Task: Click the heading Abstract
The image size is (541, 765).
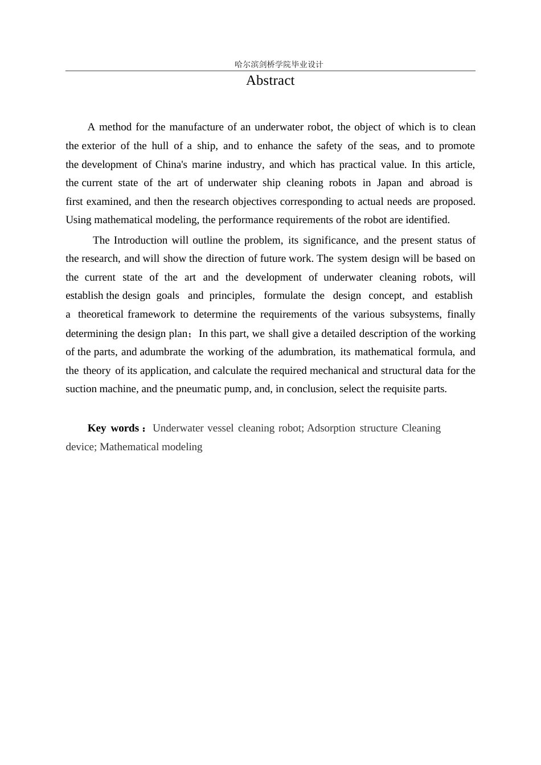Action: [x=270, y=81]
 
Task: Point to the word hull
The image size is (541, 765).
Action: [x=160, y=146]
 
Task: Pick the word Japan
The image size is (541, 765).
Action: [x=389, y=183]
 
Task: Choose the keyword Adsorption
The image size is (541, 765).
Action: [x=331, y=428]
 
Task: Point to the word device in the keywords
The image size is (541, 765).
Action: [x=80, y=447]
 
